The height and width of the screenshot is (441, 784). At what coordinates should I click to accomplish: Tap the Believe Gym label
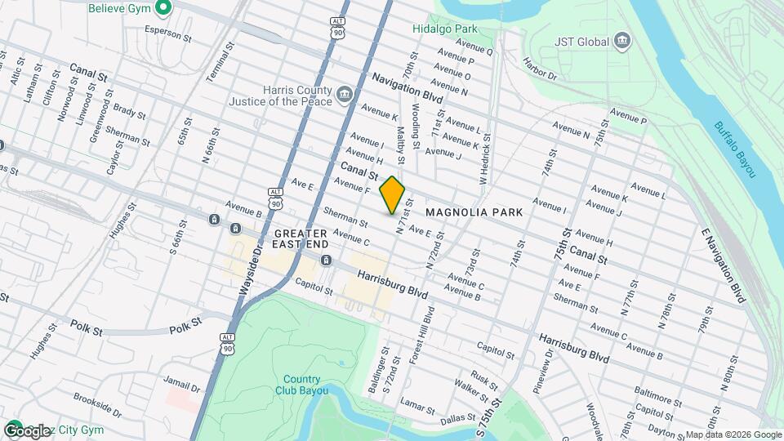coord(122,7)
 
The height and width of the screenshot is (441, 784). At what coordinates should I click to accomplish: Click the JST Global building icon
coord(622,40)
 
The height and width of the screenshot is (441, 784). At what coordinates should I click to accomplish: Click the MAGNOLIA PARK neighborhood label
coord(474,212)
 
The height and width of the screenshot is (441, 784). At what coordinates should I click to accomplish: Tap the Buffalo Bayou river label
coord(735,149)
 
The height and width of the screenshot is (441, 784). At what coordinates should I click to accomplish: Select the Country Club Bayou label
coord(302,384)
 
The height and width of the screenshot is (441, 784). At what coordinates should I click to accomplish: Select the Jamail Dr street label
coord(182,385)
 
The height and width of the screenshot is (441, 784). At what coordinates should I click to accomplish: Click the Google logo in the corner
coord(27,431)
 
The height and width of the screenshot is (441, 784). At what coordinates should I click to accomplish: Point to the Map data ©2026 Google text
coord(733,434)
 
